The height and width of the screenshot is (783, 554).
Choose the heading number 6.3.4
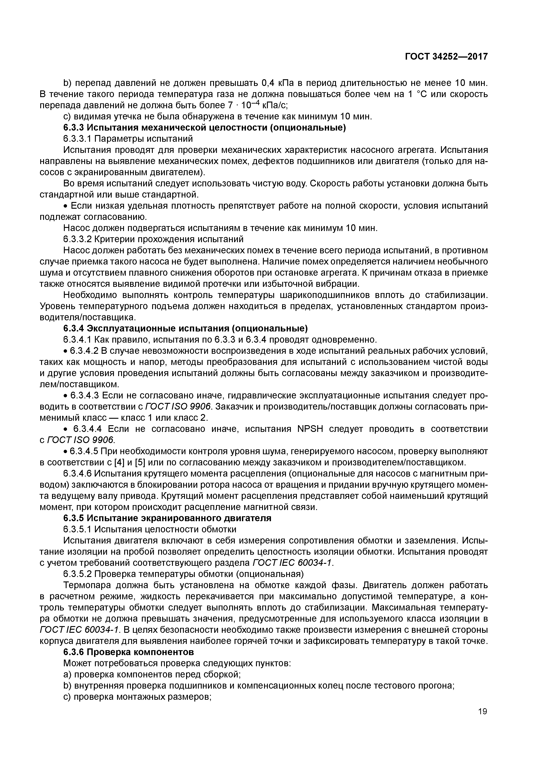click(73, 328)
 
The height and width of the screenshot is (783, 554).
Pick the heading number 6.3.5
click(73, 518)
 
